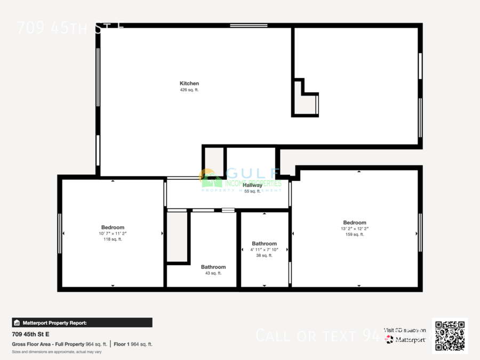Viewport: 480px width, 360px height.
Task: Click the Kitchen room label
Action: click(x=189, y=83)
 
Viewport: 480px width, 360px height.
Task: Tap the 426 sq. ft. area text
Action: click(x=189, y=90)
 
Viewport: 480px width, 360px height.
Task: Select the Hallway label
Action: click(x=252, y=185)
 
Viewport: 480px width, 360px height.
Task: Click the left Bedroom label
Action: click(x=113, y=227)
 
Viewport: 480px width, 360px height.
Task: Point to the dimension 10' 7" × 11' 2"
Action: click(x=113, y=234)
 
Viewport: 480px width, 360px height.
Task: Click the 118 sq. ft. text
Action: click(x=113, y=239)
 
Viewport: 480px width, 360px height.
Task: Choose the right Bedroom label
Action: click(x=355, y=222)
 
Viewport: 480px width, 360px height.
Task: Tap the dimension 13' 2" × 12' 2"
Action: click(x=355, y=229)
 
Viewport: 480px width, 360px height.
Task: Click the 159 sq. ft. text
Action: click(x=355, y=235)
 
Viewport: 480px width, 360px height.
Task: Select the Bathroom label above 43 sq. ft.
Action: click(x=213, y=267)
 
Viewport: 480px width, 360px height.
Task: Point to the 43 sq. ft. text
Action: click(x=213, y=273)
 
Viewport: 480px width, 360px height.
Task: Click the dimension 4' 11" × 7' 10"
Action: click(x=265, y=250)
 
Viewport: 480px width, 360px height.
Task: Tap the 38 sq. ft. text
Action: click(x=265, y=255)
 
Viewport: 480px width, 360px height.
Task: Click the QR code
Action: click(x=450, y=335)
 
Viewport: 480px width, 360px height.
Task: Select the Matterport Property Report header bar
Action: click(x=82, y=323)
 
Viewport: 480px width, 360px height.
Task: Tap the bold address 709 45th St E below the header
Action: click(x=30, y=334)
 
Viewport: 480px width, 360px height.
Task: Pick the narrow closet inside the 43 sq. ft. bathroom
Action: click(x=177, y=237)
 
